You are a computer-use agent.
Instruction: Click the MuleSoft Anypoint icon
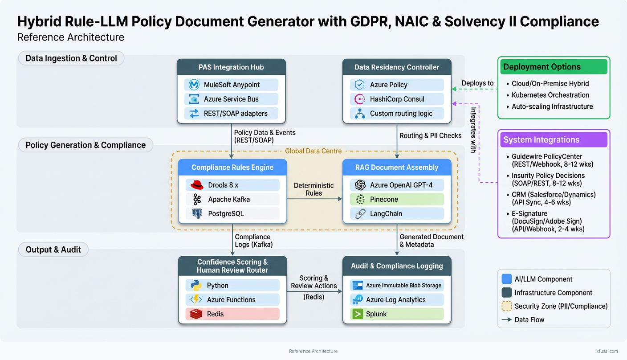coord(194,85)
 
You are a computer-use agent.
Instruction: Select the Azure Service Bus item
coord(231,99)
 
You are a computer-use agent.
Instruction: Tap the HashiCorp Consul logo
coord(360,99)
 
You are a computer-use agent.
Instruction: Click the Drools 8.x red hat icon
coord(197,185)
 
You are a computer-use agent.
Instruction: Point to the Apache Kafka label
coord(229,199)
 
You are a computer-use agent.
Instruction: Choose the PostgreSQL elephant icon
coord(197,213)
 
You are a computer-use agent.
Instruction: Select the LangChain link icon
coord(360,213)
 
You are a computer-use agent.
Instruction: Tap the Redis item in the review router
coord(232,314)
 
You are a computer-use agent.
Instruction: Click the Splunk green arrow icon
coord(357,314)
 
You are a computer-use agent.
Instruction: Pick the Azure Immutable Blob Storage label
coord(403,285)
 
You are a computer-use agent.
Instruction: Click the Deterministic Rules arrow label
coord(313,189)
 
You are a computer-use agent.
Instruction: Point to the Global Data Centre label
coord(313,151)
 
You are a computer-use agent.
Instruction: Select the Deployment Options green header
coord(554,67)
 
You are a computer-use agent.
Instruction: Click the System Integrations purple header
coord(554,139)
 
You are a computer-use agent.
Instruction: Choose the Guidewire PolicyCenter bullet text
coord(553,156)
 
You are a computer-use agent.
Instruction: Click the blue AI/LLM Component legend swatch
coord(506,279)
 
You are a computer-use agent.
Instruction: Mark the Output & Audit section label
coord(53,250)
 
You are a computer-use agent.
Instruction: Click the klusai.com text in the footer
coord(607,351)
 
